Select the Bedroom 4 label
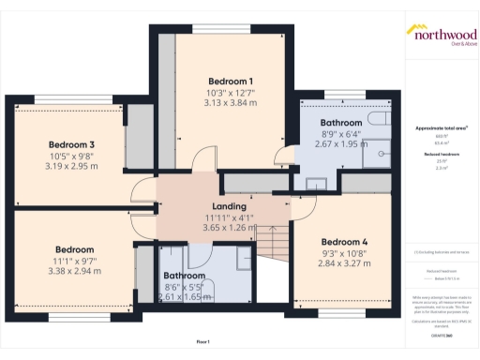pyautogui.click(x=344, y=242)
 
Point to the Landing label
pyautogui.click(x=230, y=206)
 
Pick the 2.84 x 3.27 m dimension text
pyautogui.click(x=344, y=263)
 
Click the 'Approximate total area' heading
pyautogui.click(x=441, y=127)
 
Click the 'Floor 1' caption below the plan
pyautogui.click(x=202, y=342)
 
